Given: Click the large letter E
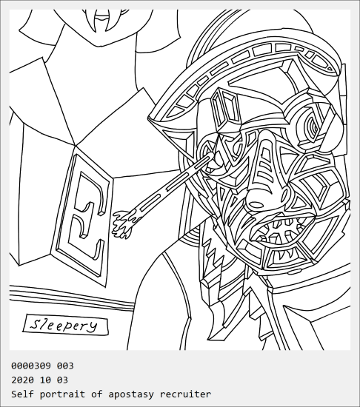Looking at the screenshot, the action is click(86, 215).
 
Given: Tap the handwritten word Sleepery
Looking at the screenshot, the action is click(64, 325).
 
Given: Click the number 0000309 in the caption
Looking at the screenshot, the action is click(31, 366).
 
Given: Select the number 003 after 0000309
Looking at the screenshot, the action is click(65, 366).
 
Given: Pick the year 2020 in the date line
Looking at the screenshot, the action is click(22, 380).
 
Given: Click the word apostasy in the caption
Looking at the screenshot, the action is click(131, 394).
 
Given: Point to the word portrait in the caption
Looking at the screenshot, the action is click(62, 394).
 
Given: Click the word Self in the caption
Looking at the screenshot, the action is click(22, 394).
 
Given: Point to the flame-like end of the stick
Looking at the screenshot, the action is click(124, 223).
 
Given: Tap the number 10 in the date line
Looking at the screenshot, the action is click(45, 380).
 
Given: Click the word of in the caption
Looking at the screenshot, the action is click(96, 394).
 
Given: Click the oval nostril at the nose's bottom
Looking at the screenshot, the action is click(256, 204).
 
